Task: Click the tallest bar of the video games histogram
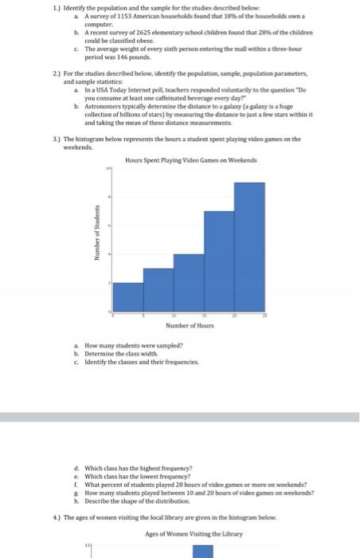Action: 249,246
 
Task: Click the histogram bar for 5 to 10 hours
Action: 158,289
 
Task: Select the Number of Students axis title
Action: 96,238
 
